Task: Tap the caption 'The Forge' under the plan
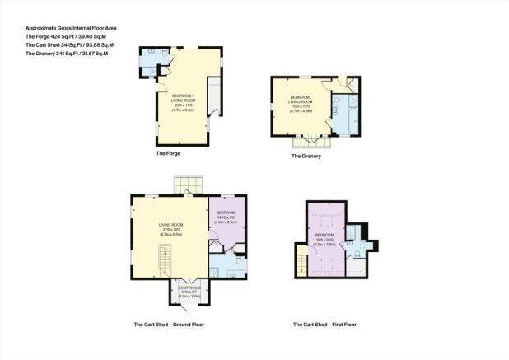[x=168, y=154]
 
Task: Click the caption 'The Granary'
[x=306, y=155]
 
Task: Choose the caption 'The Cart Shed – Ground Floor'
[x=169, y=325]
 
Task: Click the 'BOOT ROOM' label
[x=190, y=289]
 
